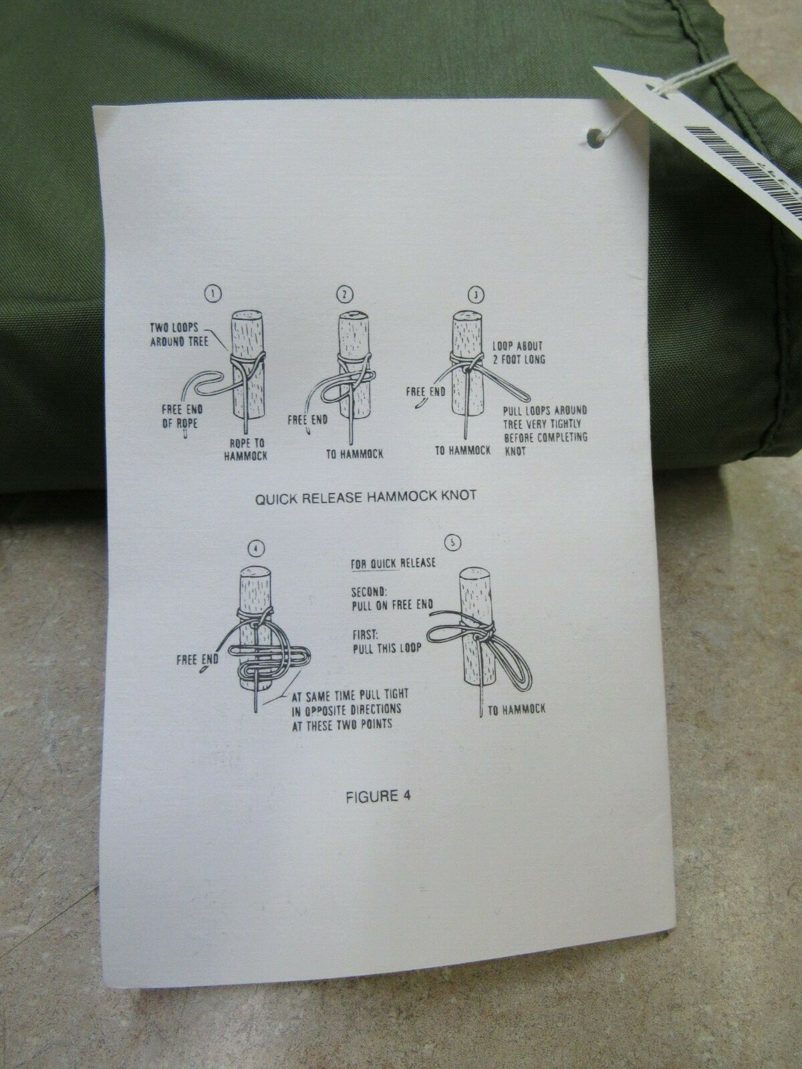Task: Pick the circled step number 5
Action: click(x=452, y=543)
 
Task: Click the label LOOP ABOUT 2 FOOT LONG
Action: click(x=518, y=353)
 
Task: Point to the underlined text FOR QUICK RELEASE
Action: click(x=393, y=563)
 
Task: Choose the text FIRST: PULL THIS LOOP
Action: click(x=386, y=641)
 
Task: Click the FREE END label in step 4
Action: click(x=197, y=659)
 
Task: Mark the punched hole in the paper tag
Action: click(x=593, y=138)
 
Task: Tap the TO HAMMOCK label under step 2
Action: click(x=354, y=454)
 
